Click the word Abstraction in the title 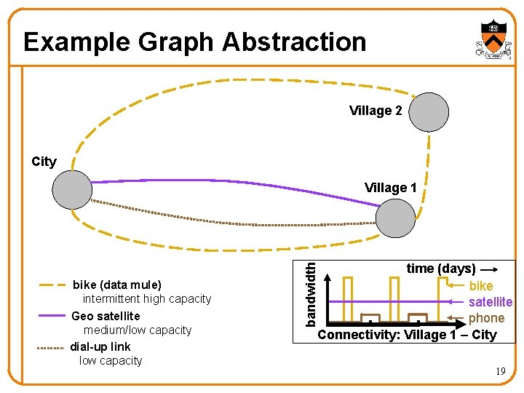coord(294,41)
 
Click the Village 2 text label coord(376,111)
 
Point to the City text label coord(44,162)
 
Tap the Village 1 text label coord(391,188)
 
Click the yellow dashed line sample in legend coord(52,285)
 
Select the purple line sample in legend coord(52,316)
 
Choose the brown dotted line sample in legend coord(52,348)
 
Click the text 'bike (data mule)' coord(117,285)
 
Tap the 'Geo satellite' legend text coord(106,316)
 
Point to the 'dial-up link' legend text coord(100,346)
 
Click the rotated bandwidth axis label coord(310,293)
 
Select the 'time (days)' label coord(441,269)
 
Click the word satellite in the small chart coord(491,302)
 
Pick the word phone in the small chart coord(487,318)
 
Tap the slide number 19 coord(501,372)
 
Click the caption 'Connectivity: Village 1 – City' coord(407,335)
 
